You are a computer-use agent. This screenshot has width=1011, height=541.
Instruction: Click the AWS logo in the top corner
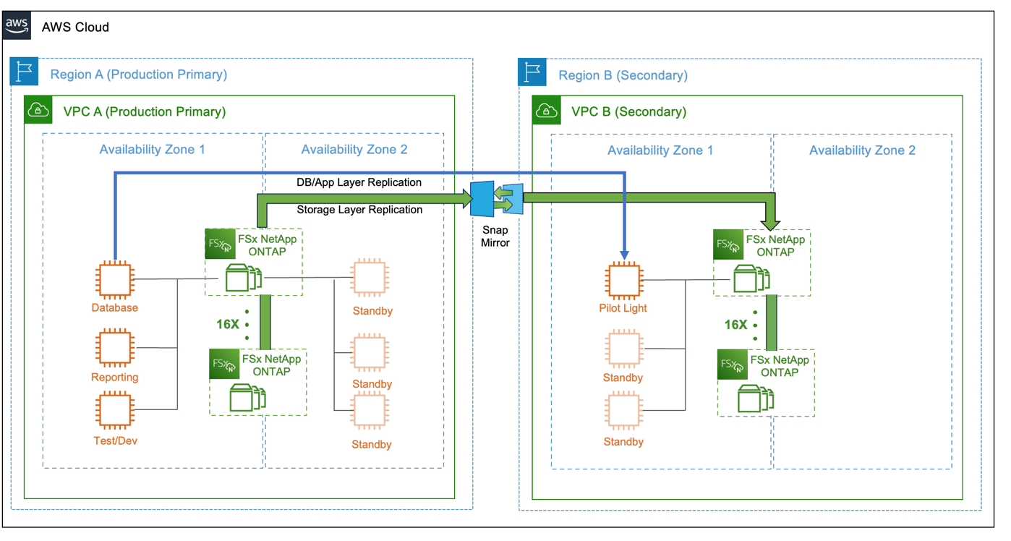(x=17, y=26)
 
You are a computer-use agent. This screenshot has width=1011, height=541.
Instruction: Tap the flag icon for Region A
(x=24, y=73)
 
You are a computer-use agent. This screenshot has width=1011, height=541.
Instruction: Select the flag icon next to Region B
(x=532, y=74)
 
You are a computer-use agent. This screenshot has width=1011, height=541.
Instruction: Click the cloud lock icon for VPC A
(x=38, y=110)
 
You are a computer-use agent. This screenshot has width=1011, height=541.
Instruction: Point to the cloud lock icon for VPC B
(x=547, y=111)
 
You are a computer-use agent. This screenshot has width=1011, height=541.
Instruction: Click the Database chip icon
(x=114, y=280)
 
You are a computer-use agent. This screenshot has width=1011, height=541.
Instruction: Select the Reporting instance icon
(x=114, y=348)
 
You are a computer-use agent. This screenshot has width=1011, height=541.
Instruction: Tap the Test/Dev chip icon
(x=114, y=410)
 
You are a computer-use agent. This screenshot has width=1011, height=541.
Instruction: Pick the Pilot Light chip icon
(x=623, y=281)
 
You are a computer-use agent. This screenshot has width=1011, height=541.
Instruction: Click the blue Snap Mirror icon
(x=496, y=199)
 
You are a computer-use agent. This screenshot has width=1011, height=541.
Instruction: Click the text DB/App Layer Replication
(x=359, y=182)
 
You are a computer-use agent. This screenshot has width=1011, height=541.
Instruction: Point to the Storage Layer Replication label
(x=359, y=210)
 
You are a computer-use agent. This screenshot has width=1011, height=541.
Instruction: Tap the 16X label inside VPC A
(x=228, y=324)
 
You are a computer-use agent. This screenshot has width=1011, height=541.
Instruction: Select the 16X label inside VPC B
(x=736, y=325)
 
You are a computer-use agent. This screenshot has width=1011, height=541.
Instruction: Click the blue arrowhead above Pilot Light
(x=624, y=255)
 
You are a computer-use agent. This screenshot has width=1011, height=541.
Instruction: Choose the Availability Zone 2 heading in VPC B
(x=862, y=150)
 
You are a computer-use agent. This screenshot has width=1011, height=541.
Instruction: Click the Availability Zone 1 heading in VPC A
(x=152, y=150)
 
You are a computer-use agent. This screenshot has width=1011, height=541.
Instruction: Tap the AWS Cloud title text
(x=75, y=27)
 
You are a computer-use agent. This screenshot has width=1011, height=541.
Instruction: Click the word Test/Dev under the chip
(x=115, y=440)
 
